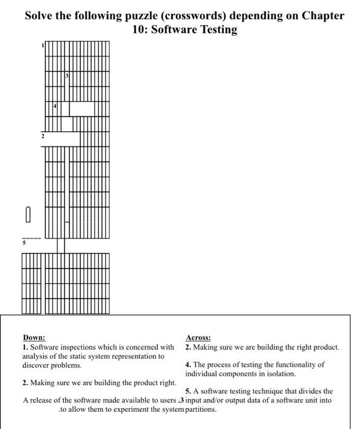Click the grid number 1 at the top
43,45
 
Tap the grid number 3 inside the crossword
67,75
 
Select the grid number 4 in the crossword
55,106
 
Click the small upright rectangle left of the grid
27,215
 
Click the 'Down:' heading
34,338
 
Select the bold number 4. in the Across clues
188,365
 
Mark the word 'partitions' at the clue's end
201,409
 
